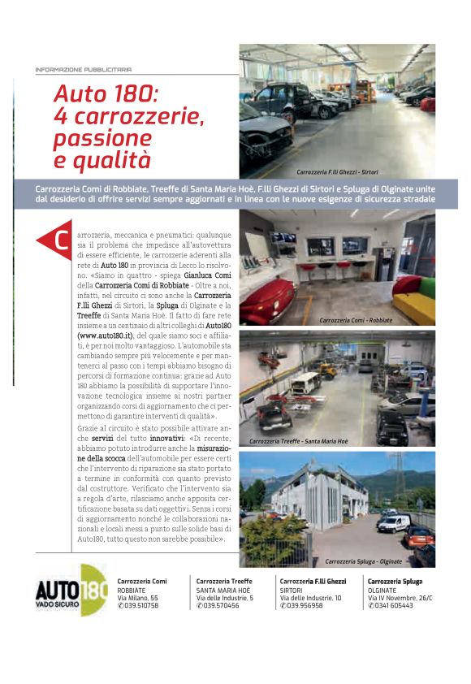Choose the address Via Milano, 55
click(x=138, y=597)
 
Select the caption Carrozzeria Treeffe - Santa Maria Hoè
click(x=298, y=441)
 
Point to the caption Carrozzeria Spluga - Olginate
click(x=362, y=561)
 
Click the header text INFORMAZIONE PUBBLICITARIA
click(x=84, y=70)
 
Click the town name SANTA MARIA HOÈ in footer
click(x=223, y=590)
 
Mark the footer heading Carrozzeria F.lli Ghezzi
click(x=313, y=581)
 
